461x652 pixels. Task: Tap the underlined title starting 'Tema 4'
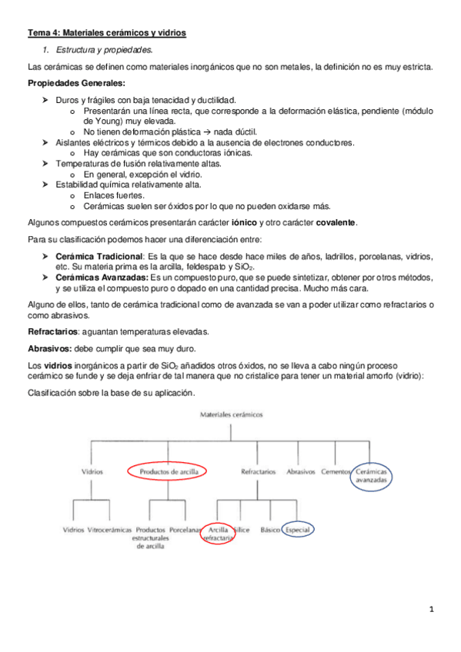point(107,33)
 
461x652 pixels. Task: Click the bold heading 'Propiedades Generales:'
point(74,83)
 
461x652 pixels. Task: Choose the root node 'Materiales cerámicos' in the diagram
point(231,414)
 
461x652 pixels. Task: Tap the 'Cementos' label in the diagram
point(336,471)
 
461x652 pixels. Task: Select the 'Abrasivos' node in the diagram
point(301,471)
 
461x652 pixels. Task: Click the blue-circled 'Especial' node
point(299,530)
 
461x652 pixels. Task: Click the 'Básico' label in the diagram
point(270,530)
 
